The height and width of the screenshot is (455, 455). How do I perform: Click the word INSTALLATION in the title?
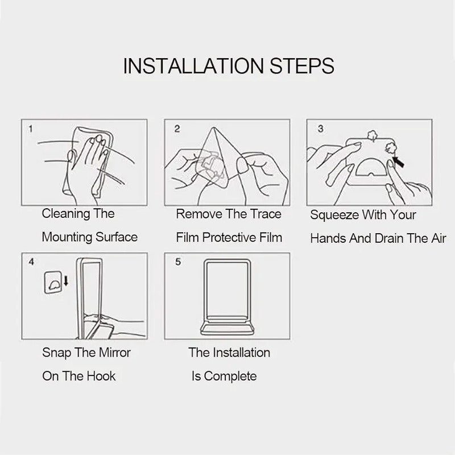[x=193, y=66]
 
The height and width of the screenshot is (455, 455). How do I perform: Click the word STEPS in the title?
[x=302, y=66]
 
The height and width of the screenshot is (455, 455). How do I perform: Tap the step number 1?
[x=31, y=129]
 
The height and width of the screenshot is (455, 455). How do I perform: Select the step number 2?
[x=177, y=129]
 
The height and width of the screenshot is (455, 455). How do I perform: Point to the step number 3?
[x=320, y=129]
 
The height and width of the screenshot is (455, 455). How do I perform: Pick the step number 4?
[x=31, y=262]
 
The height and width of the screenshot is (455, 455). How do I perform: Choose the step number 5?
[x=178, y=262]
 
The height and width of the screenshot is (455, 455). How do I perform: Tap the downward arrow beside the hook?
[x=66, y=280]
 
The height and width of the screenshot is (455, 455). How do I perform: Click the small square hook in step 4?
[x=52, y=282]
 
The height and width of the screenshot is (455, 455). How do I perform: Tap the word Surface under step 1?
[x=117, y=237]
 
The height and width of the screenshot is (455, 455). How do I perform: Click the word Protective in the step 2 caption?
[x=229, y=238]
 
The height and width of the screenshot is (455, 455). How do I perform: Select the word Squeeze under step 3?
[x=334, y=216]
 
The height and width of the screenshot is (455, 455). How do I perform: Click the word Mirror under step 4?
[x=115, y=353]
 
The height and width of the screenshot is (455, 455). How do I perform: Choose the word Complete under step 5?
[x=230, y=377]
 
